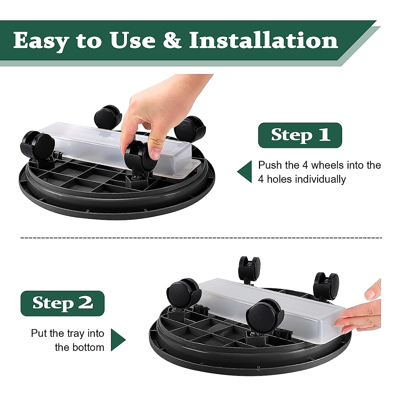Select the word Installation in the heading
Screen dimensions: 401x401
click(x=263, y=41)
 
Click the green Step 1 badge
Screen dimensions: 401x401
click(x=300, y=135)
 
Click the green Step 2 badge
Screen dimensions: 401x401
click(x=62, y=303)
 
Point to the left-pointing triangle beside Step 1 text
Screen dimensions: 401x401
click(x=246, y=172)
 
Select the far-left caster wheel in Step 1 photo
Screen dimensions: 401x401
click(x=38, y=147)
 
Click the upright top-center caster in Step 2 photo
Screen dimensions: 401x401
click(x=249, y=269)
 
